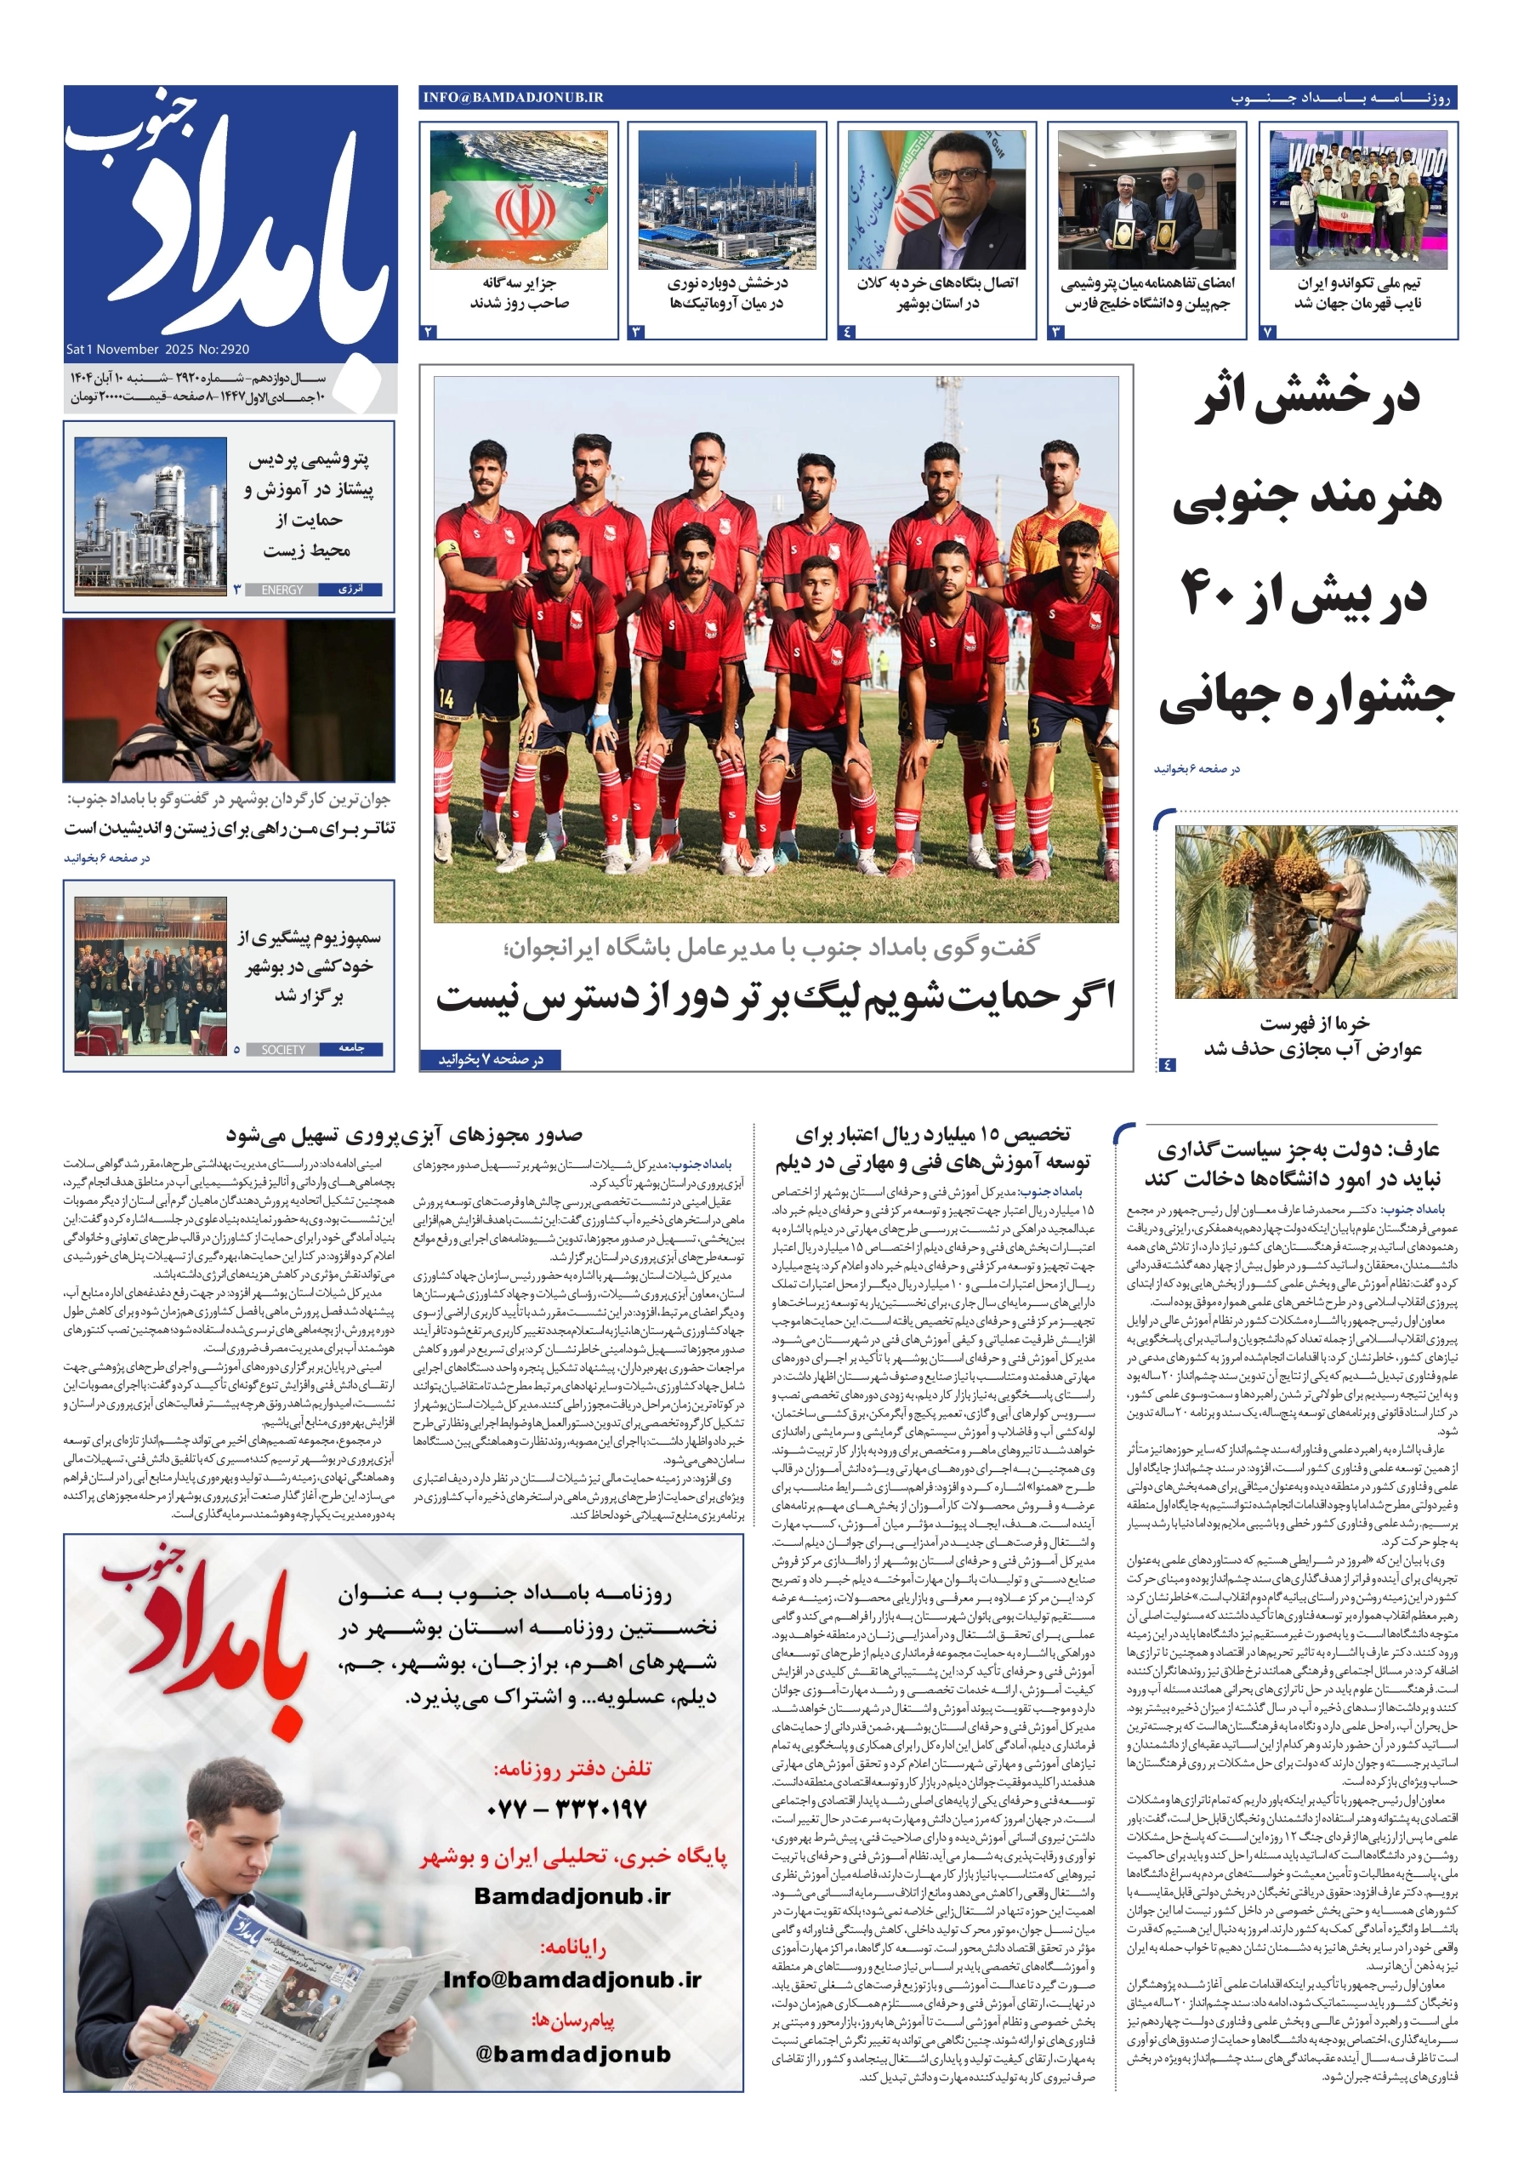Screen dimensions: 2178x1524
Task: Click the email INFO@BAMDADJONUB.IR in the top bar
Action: tap(513, 98)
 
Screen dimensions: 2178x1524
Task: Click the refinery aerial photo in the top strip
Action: tap(726, 200)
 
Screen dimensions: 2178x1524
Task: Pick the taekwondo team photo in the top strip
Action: tap(1357, 200)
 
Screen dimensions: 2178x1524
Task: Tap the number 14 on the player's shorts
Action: tap(446, 699)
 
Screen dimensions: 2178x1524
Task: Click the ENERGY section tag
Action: tap(281, 590)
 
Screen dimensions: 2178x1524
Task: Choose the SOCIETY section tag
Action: tap(282, 1049)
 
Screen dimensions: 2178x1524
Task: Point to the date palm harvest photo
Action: tap(1315, 910)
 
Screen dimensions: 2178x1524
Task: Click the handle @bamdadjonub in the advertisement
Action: tap(573, 2054)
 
